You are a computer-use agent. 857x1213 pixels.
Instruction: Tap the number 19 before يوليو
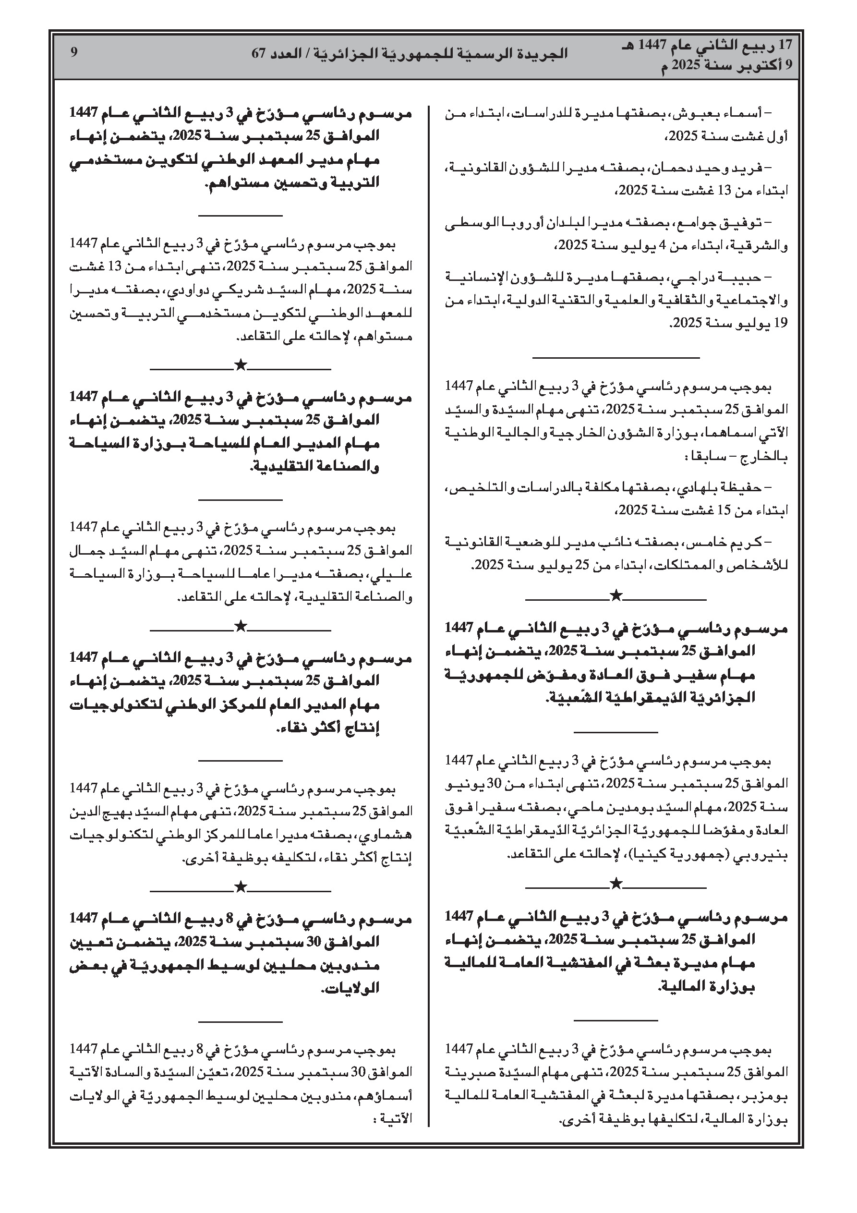[780, 323]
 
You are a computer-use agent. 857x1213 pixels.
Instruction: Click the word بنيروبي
[768, 854]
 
